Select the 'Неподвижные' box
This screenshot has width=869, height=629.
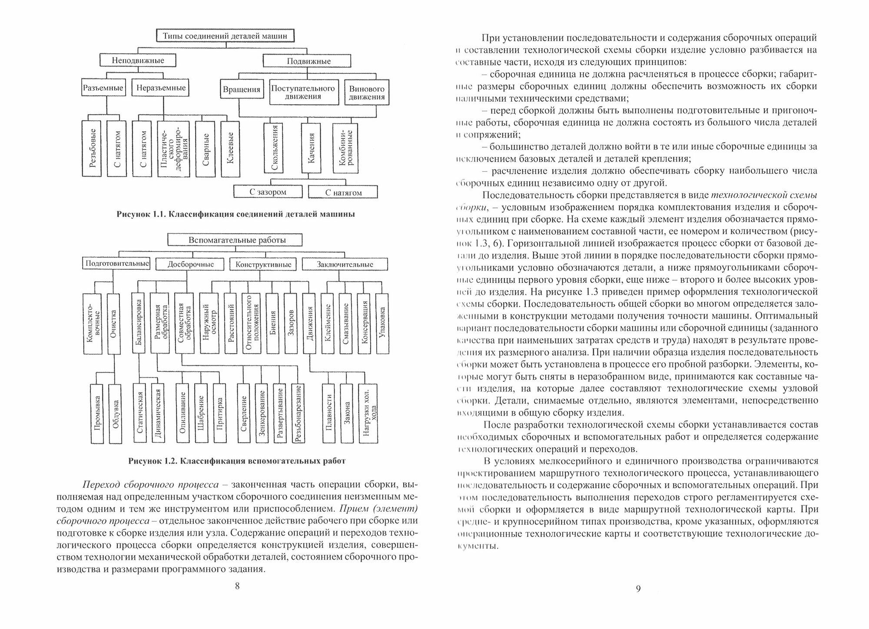138,60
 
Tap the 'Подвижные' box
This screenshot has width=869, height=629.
308,61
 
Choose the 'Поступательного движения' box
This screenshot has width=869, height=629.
303,92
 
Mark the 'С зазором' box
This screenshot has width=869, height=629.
268,192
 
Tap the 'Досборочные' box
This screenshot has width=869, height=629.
190,264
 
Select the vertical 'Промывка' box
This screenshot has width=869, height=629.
98,413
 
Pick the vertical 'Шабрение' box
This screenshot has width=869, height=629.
201,413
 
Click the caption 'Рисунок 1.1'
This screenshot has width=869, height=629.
236,215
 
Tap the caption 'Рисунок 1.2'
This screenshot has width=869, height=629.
237,461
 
